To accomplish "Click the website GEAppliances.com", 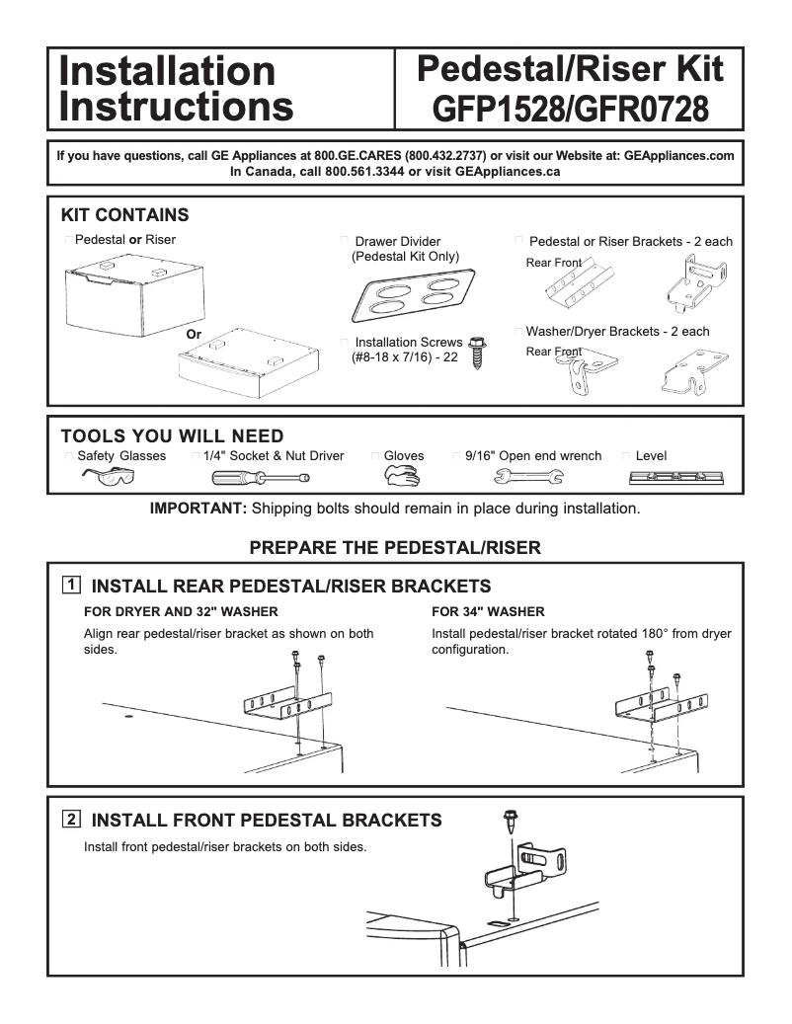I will click(x=679, y=156).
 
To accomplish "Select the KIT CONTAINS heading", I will click(x=124, y=215).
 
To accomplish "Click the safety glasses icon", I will click(x=109, y=478).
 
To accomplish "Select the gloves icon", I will click(x=402, y=478).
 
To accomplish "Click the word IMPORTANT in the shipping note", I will click(x=198, y=510).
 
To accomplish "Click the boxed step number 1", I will click(x=71, y=585).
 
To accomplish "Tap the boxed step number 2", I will click(x=71, y=819).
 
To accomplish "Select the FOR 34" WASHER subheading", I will click(x=488, y=611).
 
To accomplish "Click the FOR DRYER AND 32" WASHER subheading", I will click(x=181, y=611).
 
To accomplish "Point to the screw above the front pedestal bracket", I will click(x=512, y=817).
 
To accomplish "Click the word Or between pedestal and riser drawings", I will click(x=194, y=335).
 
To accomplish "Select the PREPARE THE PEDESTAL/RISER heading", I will click(x=395, y=547).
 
